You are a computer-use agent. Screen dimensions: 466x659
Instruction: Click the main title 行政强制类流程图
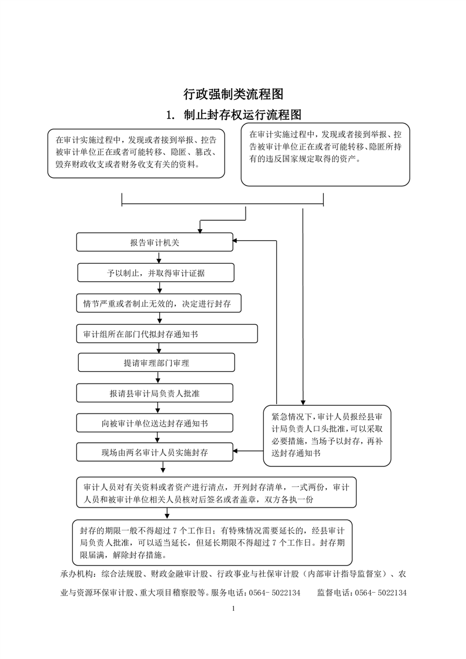tap(233, 94)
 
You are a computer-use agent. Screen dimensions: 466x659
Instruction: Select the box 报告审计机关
tap(155, 243)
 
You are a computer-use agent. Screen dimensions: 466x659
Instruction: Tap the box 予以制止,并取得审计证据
tap(156, 273)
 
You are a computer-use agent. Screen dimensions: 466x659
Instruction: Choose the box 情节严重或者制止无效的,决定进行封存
tap(159, 304)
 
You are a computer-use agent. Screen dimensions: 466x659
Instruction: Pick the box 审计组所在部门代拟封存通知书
tap(166, 334)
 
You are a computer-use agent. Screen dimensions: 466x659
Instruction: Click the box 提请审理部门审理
tap(156, 363)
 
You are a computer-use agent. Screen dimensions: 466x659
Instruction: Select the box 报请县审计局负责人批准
tap(155, 394)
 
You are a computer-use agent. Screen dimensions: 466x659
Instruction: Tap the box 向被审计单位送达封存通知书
tap(155, 423)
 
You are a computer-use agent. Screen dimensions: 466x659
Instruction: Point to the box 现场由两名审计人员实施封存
tap(155, 452)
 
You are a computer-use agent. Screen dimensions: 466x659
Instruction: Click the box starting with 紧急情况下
tap(327, 436)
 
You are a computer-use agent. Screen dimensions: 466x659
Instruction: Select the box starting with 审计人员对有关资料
tap(216, 493)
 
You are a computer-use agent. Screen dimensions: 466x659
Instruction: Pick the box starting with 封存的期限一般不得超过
tap(212, 542)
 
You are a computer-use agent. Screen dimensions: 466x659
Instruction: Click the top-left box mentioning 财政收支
tap(136, 153)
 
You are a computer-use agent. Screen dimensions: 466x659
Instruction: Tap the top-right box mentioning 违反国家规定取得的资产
tap(325, 154)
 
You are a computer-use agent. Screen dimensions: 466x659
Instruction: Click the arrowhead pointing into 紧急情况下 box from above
tap(303, 403)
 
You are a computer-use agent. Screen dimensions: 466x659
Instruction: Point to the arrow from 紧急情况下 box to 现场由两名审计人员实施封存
tap(248, 452)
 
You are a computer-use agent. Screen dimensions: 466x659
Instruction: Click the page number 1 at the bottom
tap(233, 608)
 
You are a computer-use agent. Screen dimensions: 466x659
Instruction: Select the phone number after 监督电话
tap(381, 593)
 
